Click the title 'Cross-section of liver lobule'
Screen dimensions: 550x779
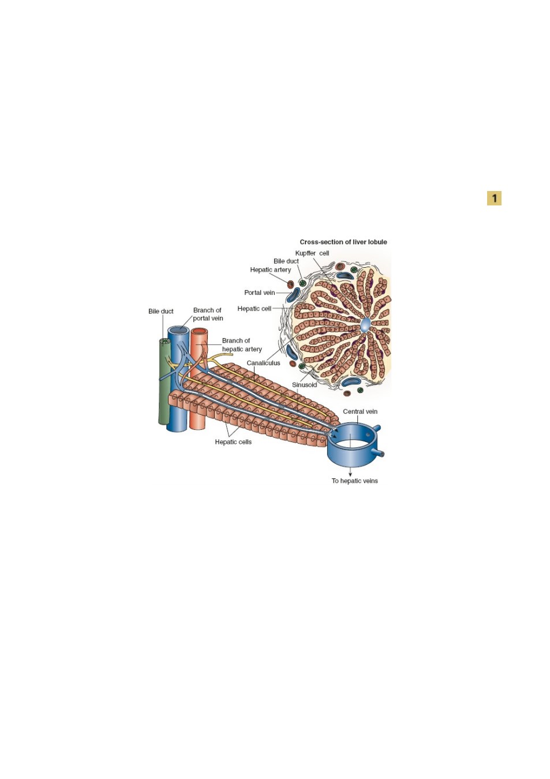343,242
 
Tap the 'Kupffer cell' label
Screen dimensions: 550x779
312,253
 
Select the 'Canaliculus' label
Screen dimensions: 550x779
263,363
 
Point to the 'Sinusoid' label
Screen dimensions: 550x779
304,385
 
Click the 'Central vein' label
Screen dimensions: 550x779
360,411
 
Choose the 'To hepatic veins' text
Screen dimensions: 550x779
354,481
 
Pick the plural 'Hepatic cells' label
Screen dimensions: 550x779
233,442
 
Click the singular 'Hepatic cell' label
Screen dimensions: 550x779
255,309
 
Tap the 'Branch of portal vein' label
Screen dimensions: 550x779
208,314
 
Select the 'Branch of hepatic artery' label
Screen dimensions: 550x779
242,344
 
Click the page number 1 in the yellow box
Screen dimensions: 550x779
494,199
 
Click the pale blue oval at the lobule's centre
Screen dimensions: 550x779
365,324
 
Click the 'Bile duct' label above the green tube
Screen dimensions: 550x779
160,311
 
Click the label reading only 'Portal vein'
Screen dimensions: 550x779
260,293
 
